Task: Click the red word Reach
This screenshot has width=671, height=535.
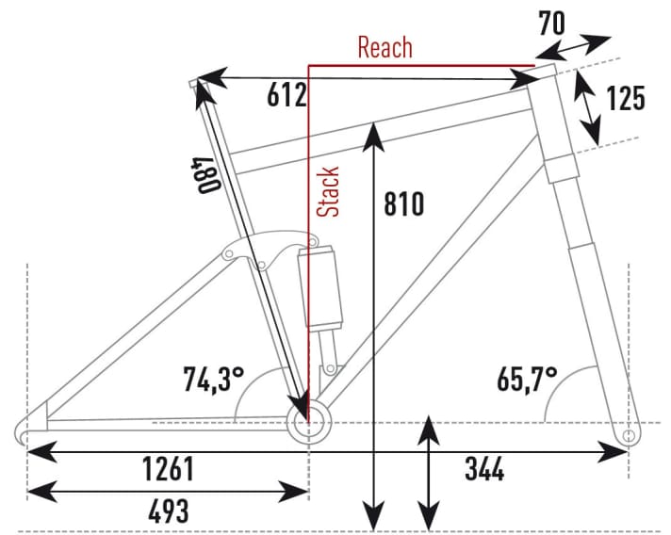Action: point(385,47)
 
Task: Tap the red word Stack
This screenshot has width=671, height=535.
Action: point(328,191)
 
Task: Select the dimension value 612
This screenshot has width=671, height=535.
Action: point(286,95)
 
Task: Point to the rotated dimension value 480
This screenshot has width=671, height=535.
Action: point(206,175)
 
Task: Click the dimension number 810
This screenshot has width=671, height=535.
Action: point(404,203)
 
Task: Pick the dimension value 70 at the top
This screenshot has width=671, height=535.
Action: point(551,24)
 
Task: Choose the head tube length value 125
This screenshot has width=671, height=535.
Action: point(625,98)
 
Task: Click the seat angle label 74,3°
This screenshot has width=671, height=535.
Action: point(214,379)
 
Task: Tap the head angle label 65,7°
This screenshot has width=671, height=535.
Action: point(527,379)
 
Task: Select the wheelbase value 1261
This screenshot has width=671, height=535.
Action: point(168,469)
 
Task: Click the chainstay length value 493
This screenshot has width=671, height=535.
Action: point(168,511)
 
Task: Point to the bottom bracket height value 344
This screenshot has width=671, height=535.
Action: point(484,469)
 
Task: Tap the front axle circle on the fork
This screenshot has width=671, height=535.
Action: point(629,436)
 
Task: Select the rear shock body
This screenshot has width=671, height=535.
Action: point(320,286)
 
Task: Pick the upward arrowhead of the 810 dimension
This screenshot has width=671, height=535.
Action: point(373,136)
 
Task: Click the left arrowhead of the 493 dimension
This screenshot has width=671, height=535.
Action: point(41,491)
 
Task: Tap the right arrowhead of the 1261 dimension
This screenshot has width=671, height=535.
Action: point(613,451)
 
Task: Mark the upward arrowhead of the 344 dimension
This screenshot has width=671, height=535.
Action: point(429,429)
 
